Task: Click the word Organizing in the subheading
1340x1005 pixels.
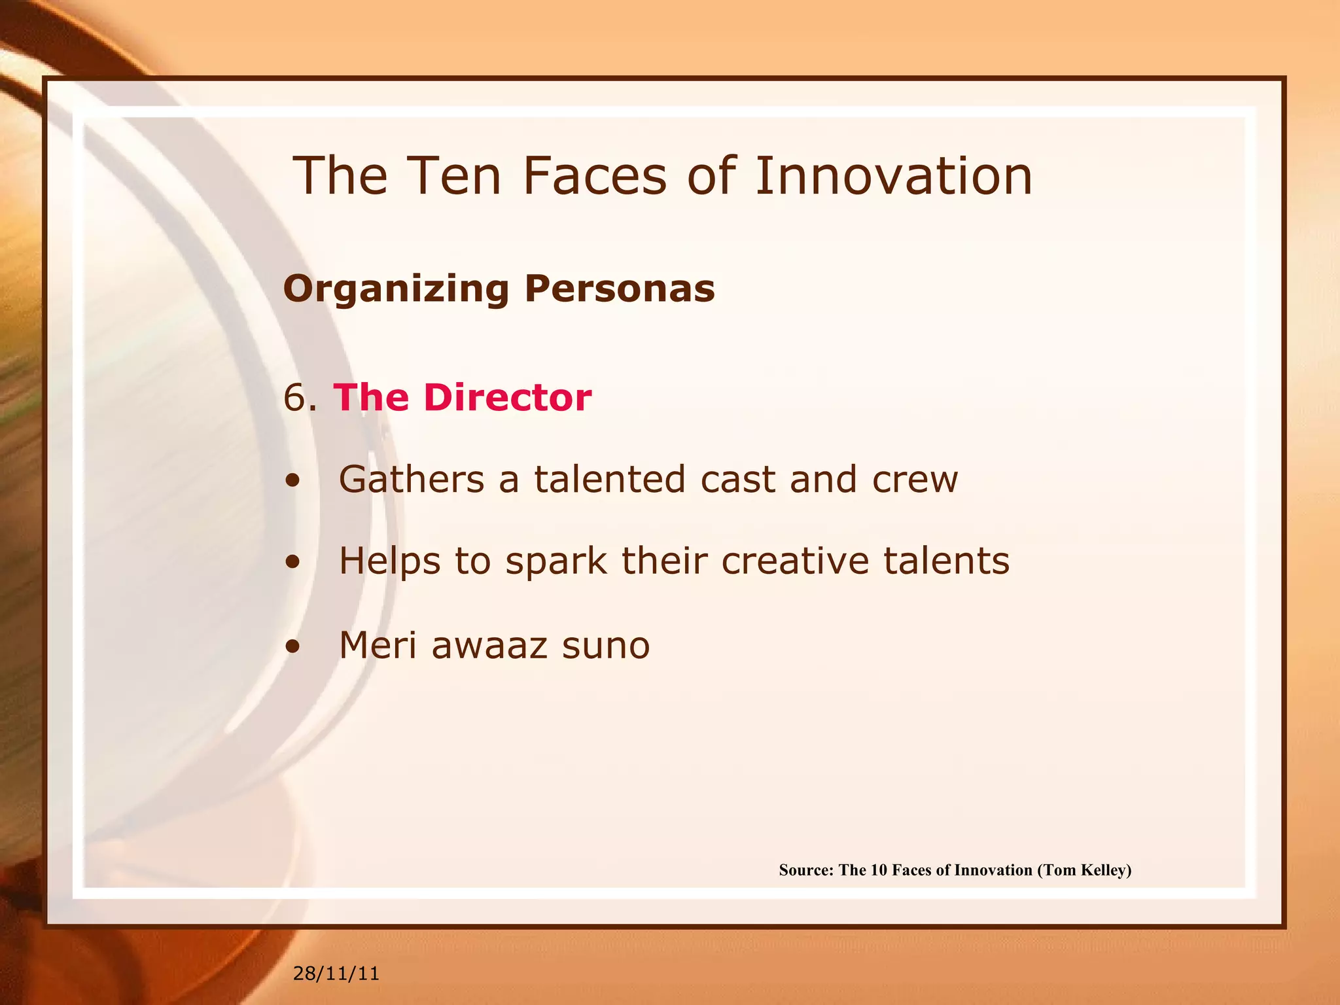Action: tap(396, 289)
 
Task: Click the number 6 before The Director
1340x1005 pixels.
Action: tap(296, 397)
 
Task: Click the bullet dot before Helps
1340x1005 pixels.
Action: tap(292, 562)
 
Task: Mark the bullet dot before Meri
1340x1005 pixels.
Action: tap(292, 646)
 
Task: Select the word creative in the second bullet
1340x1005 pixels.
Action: tap(794, 561)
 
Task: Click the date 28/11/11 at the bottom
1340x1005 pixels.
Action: tap(336, 974)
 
